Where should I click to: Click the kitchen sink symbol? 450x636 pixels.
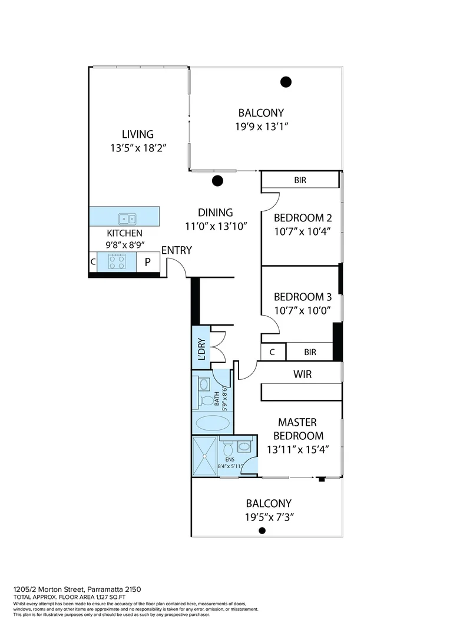(x=125, y=219)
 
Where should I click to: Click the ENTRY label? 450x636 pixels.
(x=177, y=250)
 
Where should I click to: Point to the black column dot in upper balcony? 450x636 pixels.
(x=286, y=82)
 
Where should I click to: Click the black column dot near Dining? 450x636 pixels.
(x=217, y=181)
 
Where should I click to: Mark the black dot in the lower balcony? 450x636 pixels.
(x=262, y=531)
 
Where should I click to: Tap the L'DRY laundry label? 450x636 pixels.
(x=200, y=349)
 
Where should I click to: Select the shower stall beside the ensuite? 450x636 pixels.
(x=204, y=456)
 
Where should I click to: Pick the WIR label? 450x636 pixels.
(x=303, y=375)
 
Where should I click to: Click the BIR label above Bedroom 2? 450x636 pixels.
(x=300, y=180)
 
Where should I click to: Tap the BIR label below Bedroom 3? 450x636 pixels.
(x=310, y=352)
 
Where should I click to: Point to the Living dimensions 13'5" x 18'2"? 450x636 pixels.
(x=138, y=148)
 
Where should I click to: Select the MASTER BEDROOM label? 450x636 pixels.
(x=297, y=429)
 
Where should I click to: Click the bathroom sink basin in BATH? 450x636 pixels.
(x=204, y=384)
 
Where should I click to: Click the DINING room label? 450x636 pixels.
(x=215, y=213)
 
